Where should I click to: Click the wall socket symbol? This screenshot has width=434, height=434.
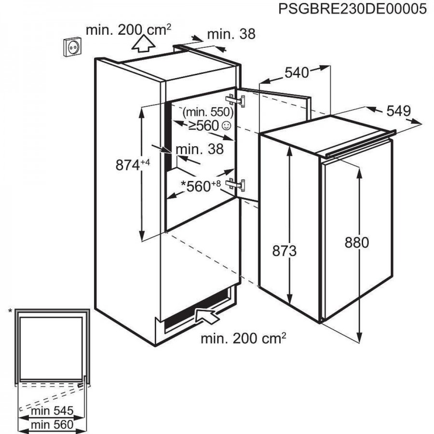73,47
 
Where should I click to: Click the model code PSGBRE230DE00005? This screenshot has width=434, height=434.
353,9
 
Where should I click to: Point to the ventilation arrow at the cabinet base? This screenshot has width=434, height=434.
207,315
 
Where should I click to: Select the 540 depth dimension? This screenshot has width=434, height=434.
297,73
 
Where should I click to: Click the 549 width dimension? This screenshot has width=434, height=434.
399,111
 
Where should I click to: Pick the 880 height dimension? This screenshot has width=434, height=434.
357,243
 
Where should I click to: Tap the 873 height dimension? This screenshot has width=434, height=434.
284,251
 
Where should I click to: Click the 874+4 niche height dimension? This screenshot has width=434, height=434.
133,165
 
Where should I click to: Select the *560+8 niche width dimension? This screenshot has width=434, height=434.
201,186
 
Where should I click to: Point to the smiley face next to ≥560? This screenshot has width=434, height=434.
227,126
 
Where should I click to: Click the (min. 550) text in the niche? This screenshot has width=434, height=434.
208,112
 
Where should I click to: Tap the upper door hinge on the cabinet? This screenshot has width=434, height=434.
235,100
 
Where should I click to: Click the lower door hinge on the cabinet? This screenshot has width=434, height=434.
235,184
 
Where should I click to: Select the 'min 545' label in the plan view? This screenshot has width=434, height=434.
52,411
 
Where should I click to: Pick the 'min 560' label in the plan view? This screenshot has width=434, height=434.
52,424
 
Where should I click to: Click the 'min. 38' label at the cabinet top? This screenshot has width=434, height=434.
231,34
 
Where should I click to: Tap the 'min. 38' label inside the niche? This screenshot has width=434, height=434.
200,149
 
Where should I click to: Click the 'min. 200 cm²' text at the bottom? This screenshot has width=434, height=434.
244,338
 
